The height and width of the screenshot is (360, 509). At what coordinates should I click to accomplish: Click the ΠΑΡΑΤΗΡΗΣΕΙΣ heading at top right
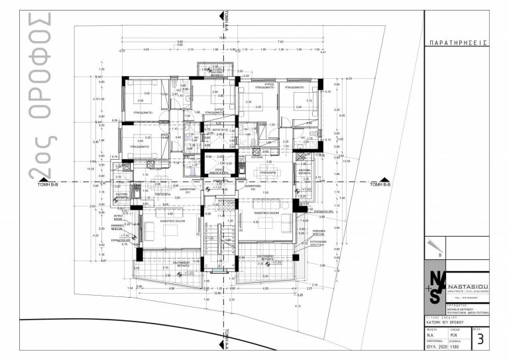coord(458,42)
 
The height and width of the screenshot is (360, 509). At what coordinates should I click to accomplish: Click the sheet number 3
coord(479,342)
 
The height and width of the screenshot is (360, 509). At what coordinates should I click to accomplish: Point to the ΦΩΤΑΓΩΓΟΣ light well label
coord(213,129)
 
